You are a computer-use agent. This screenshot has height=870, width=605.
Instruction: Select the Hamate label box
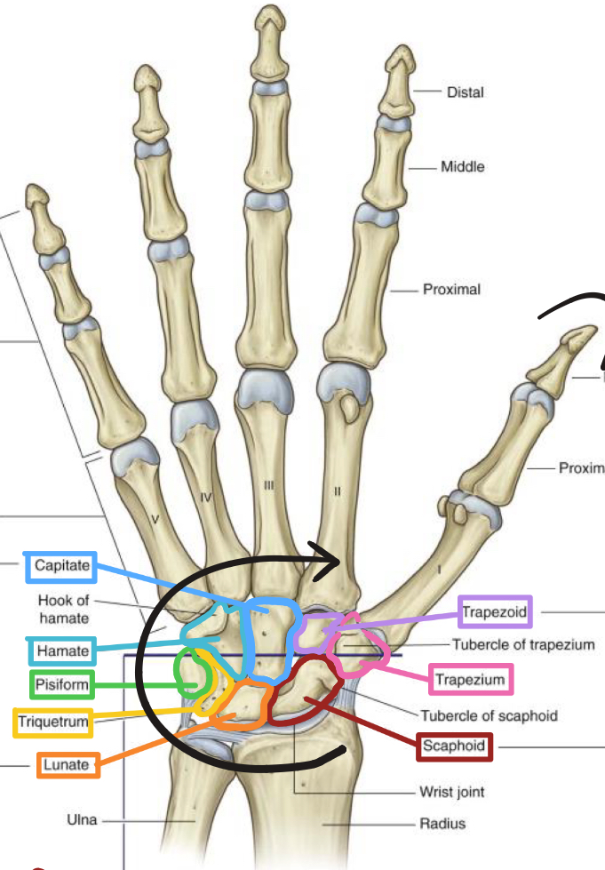pyautogui.click(x=62, y=651)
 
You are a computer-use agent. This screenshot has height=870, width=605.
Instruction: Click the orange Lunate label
pyautogui.click(x=67, y=764)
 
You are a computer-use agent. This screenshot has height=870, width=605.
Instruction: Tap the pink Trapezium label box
pyautogui.click(x=470, y=682)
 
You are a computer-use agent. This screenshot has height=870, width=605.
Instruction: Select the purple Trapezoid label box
pyautogui.click(x=495, y=611)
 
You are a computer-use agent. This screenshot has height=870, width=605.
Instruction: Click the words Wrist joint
pyautogui.click(x=452, y=790)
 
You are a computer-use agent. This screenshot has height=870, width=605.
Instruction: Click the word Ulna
pyautogui.click(x=82, y=819)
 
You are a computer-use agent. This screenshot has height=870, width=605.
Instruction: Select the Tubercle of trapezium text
pyautogui.click(x=523, y=645)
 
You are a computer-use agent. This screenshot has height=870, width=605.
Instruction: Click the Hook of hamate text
pyautogui.click(x=63, y=608)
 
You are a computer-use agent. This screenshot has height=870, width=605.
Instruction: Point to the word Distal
pyautogui.click(x=466, y=92)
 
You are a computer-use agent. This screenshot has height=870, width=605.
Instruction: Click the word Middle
pyautogui.click(x=463, y=166)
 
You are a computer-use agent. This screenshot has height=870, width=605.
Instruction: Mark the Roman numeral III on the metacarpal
pyautogui.click(x=269, y=485)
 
